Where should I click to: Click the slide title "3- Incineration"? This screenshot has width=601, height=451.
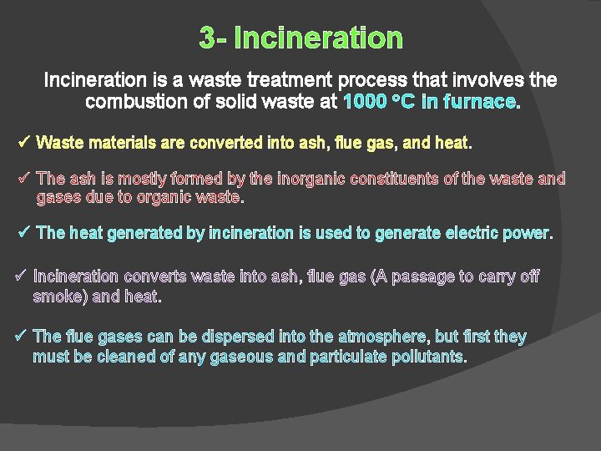coord(300,38)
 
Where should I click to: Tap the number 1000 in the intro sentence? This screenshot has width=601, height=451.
coord(365,102)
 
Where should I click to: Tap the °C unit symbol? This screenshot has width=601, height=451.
coord(404,102)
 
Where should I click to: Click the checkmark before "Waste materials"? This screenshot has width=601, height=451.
coord(24,142)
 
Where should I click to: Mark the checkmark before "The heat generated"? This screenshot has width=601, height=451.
coord(24,232)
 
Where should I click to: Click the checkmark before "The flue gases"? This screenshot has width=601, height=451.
coord(23,336)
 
